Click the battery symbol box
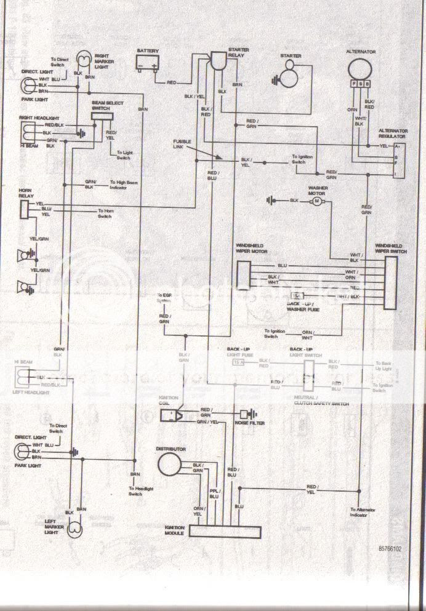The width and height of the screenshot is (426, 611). (x=148, y=63)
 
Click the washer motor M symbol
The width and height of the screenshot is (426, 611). (x=317, y=201)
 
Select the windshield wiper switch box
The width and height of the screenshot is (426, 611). (x=391, y=284)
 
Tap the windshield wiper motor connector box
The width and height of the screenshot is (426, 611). (x=244, y=274)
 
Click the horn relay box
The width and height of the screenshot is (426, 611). (x=24, y=210)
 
